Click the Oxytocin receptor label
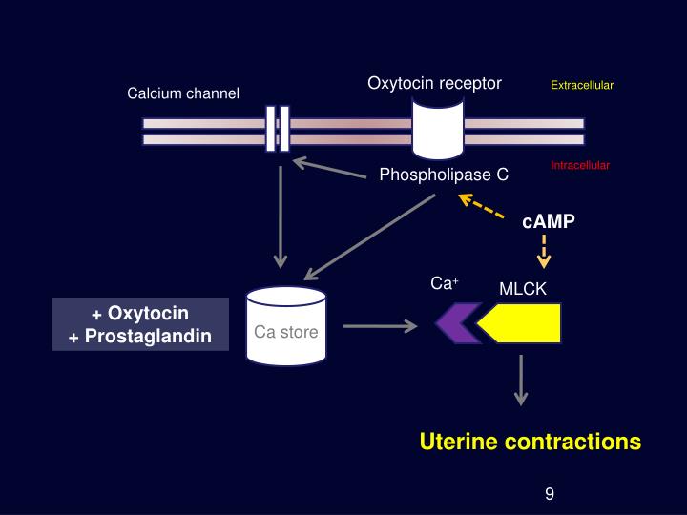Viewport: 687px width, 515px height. coord(434,83)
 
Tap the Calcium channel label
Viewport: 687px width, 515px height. coord(183,93)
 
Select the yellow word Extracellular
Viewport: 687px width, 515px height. coord(581,86)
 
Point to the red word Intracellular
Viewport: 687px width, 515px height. coord(579,166)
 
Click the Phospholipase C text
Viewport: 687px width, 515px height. coord(444,175)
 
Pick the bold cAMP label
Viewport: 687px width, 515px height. coord(549,221)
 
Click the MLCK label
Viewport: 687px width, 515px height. coord(523,289)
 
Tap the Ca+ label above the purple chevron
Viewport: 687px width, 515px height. coord(445,284)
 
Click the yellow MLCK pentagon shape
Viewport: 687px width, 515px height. coord(520,324)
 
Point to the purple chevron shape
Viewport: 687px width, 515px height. coord(455,324)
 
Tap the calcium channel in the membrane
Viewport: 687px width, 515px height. coord(278,129)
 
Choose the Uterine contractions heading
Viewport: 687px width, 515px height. coord(531,442)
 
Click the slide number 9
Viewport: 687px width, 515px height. coord(550,493)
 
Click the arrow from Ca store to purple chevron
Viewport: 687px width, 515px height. coord(380,326)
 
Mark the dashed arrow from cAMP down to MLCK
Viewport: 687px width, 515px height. coord(542,251)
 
